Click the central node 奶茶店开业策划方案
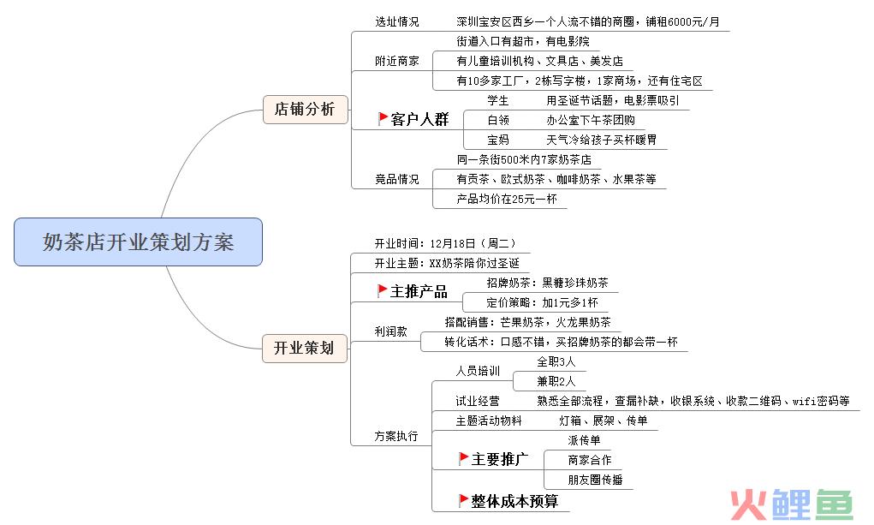pos(138,242)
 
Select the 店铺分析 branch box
pos(306,109)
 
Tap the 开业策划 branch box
pos(305,348)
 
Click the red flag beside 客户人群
pos(383,118)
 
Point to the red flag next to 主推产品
pos(383,290)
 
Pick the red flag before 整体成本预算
pos(463,500)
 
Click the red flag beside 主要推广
pos(463,458)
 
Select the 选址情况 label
pos(397,21)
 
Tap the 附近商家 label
pos(397,61)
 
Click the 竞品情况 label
pos(397,179)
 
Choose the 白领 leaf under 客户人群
pos(498,120)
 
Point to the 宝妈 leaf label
pos(498,140)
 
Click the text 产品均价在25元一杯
pos(507,200)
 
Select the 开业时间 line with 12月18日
pos(445,243)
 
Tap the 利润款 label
pos(390,331)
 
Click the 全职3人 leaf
pos(556,361)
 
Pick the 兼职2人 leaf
pos(556,381)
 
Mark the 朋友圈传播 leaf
pos(595,480)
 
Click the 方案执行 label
pos(396,436)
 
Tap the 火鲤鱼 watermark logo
pos(792,504)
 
